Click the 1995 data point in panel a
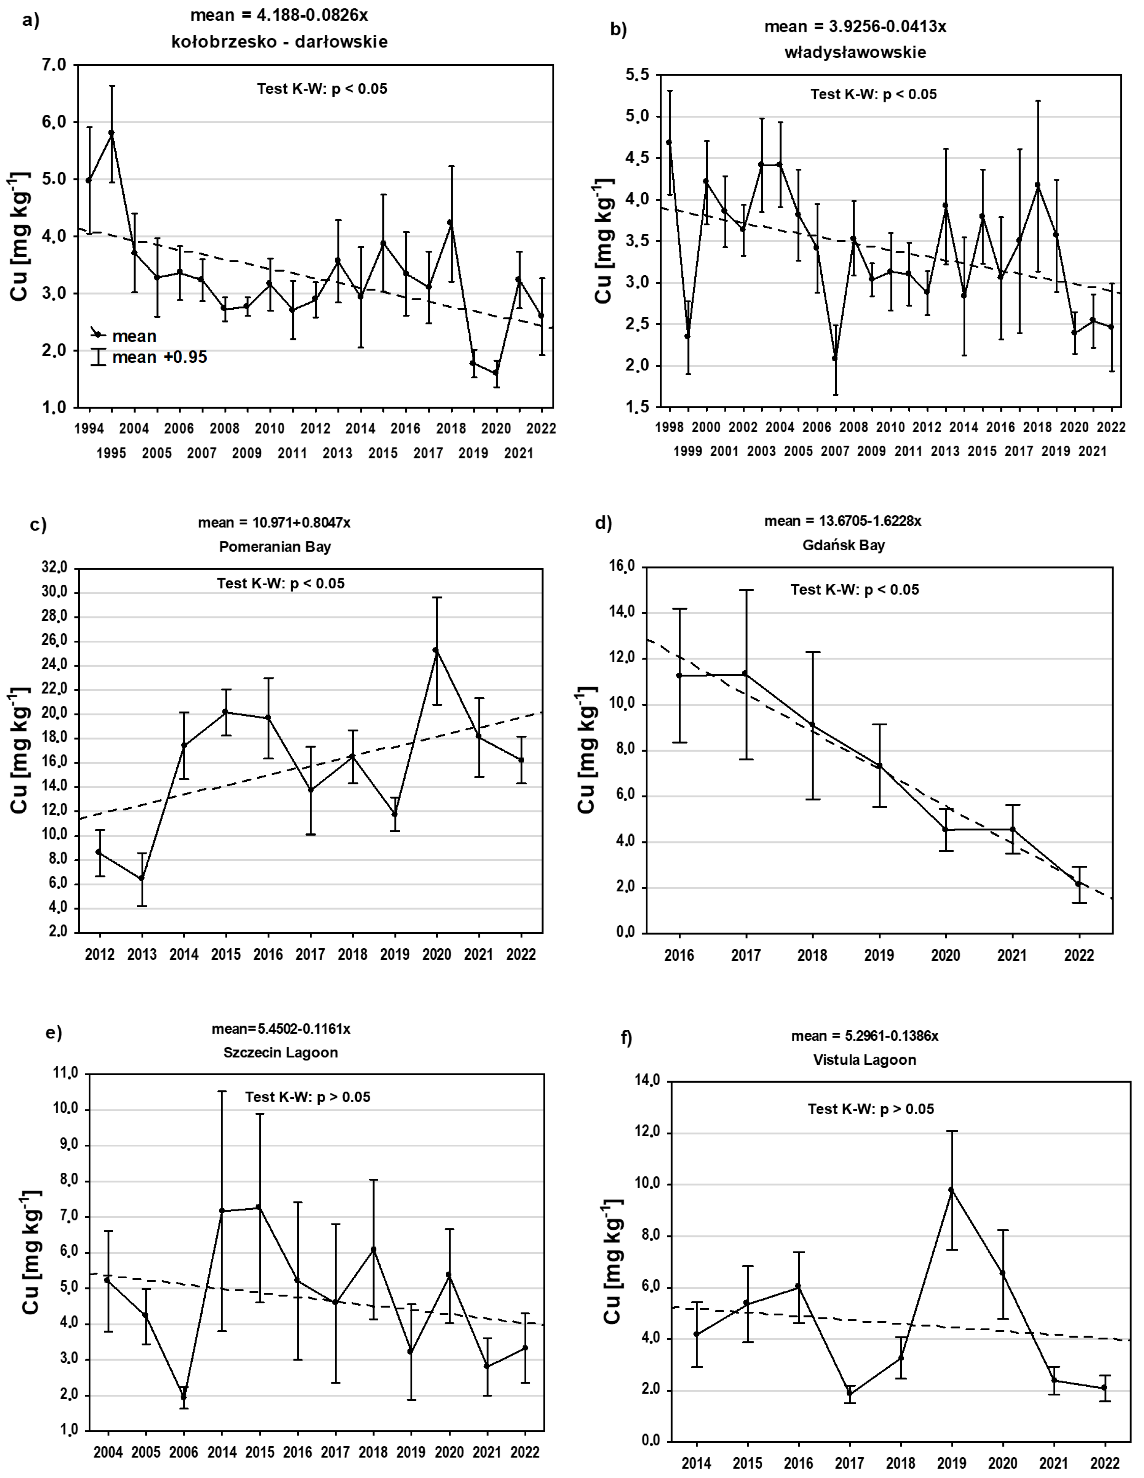pos(112,133)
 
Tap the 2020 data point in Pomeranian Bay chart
pos(436,650)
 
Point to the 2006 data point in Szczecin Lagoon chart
pos(183,1397)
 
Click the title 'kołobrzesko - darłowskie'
pos(280,42)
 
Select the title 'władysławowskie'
pos(855,52)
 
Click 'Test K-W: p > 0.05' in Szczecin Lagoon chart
pos(308,1097)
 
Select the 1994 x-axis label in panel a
pos(89,428)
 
